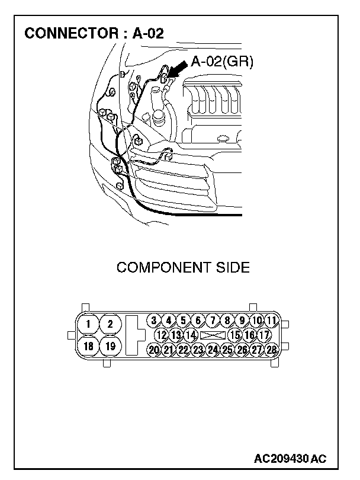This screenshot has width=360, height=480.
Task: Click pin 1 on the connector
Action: point(88,324)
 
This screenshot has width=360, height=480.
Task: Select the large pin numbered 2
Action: point(110,324)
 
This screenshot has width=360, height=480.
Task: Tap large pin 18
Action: point(88,346)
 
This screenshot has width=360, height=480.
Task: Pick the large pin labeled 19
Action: point(110,346)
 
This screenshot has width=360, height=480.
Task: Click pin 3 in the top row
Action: point(154,321)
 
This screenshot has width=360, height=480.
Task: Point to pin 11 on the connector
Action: point(272,321)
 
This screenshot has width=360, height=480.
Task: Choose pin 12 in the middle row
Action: point(161,335)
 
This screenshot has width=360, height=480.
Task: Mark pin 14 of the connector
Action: point(190,335)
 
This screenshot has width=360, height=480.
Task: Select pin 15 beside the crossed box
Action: point(235,335)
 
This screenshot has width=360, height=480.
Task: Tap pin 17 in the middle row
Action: point(264,335)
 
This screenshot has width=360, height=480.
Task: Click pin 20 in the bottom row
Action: point(154,350)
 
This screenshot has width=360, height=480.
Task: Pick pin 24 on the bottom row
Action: point(213,350)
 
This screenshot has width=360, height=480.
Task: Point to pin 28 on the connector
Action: point(272,350)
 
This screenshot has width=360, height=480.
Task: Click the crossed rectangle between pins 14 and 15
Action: point(213,335)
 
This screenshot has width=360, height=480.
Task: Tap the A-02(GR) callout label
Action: point(222,61)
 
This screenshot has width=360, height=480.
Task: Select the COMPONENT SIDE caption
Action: point(183,267)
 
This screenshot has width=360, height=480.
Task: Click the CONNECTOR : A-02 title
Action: point(94,33)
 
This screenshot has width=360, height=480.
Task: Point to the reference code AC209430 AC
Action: point(290,459)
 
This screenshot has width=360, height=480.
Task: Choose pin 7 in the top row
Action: point(213,321)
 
